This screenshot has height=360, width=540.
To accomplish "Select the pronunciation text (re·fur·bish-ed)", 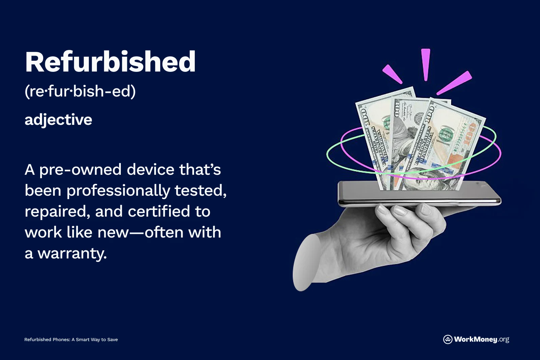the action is point(80,91).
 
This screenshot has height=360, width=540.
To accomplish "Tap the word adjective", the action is point(58,120).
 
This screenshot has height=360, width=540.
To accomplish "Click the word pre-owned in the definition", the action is point(80,170).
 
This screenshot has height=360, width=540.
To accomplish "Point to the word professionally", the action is point(118,191).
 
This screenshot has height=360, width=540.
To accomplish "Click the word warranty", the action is point(72,254).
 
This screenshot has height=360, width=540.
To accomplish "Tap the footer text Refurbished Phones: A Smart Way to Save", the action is point(71,339).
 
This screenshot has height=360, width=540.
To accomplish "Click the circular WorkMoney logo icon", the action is point(448,339).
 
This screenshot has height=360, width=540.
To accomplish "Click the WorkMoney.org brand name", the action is point(481,339).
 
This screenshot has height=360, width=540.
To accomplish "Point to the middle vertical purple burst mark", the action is point(426,64).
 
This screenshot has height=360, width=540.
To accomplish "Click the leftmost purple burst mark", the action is point(392,74).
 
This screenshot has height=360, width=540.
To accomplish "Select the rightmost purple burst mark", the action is point(454,83).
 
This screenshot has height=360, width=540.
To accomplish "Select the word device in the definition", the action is point(151,170).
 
